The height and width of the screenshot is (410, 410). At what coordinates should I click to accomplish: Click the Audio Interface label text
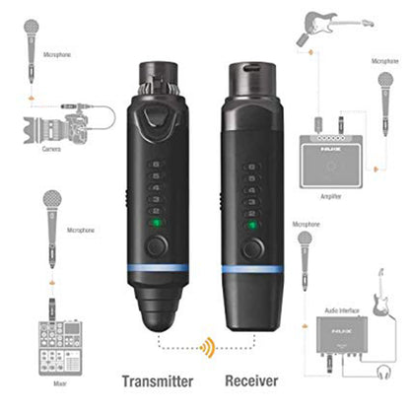pyautogui.click(x=344, y=312)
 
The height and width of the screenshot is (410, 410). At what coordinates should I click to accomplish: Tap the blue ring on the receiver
pyautogui.click(x=254, y=268)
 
